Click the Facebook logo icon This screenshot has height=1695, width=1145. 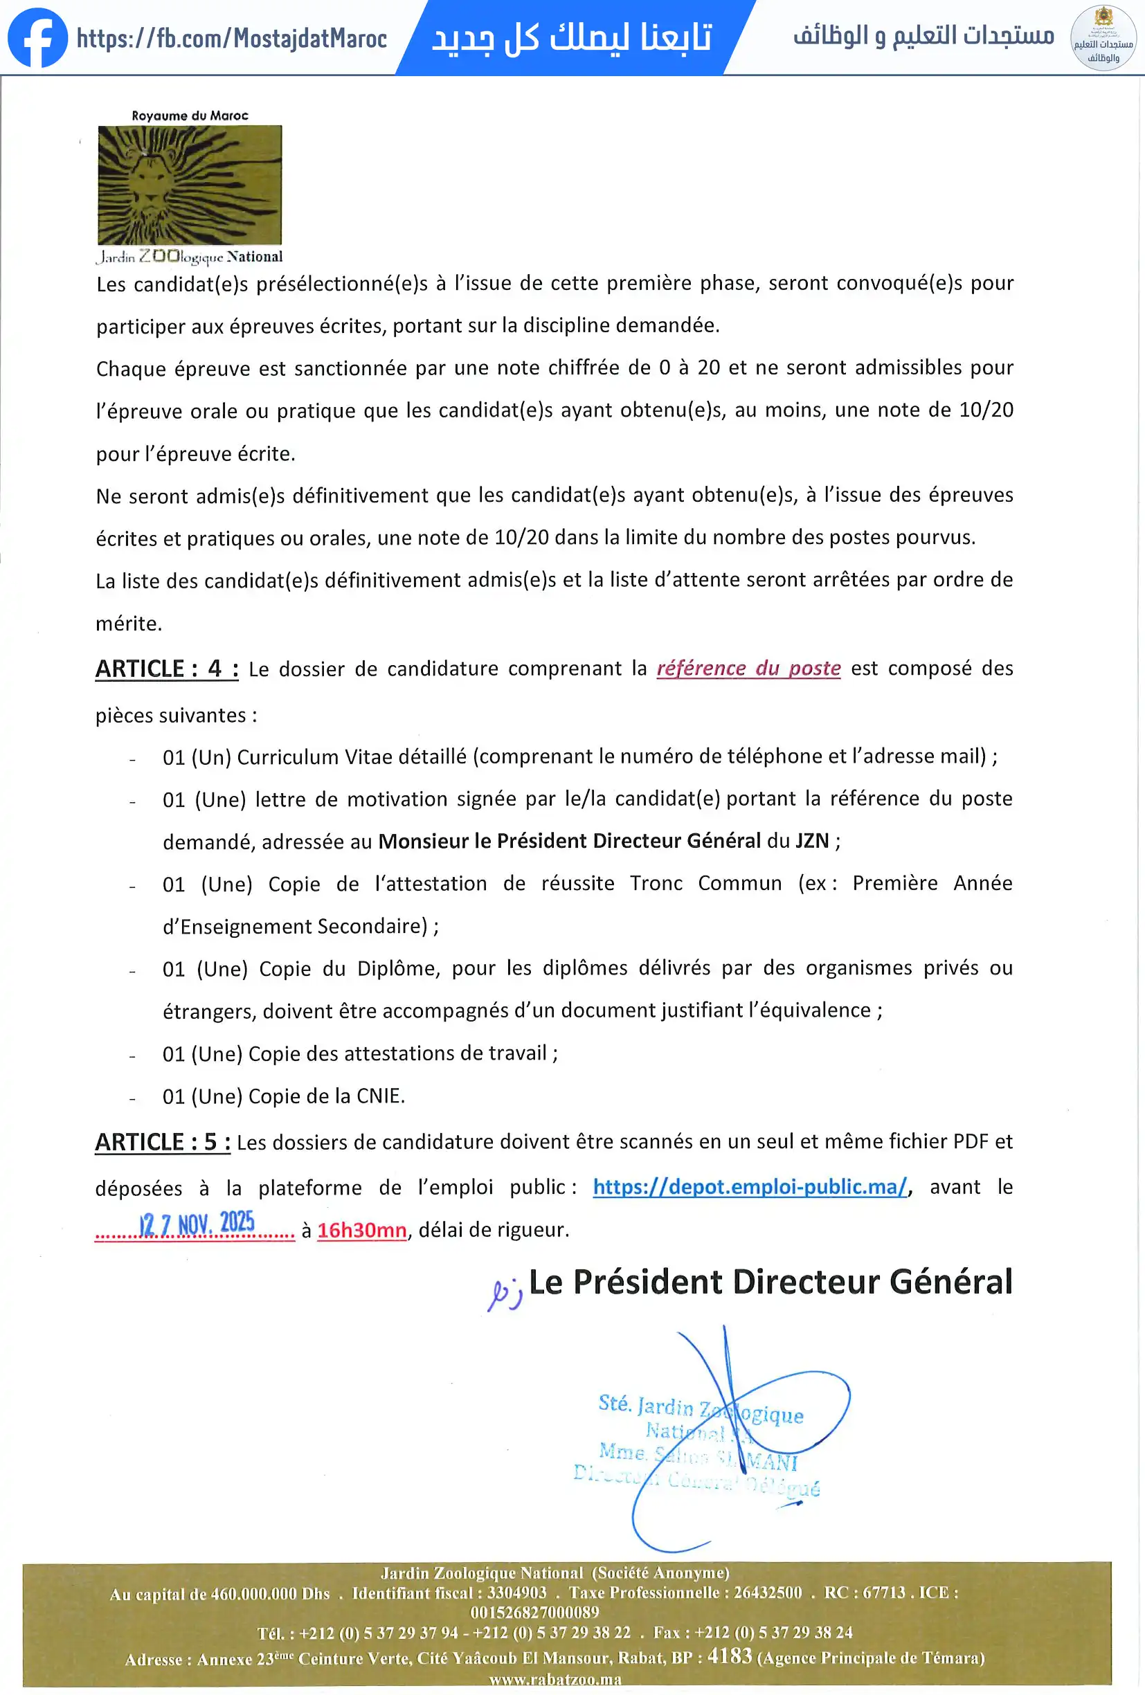tap(37, 38)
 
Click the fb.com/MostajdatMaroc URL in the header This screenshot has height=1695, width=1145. tap(231, 38)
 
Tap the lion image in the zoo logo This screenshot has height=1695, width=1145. tap(190, 185)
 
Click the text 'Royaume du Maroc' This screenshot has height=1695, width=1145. tap(190, 115)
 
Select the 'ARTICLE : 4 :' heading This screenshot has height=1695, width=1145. tap(166, 669)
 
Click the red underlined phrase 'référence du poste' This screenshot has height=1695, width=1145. tap(748, 669)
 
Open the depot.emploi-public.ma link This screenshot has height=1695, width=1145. tap(750, 1187)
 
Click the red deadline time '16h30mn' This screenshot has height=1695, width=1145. tap(362, 1231)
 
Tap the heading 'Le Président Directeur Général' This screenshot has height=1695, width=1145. tap(770, 1282)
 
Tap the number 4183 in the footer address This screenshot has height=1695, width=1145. tap(730, 1656)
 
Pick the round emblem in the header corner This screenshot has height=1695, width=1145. tap(1103, 38)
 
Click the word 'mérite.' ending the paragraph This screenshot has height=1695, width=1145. tap(129, 624)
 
